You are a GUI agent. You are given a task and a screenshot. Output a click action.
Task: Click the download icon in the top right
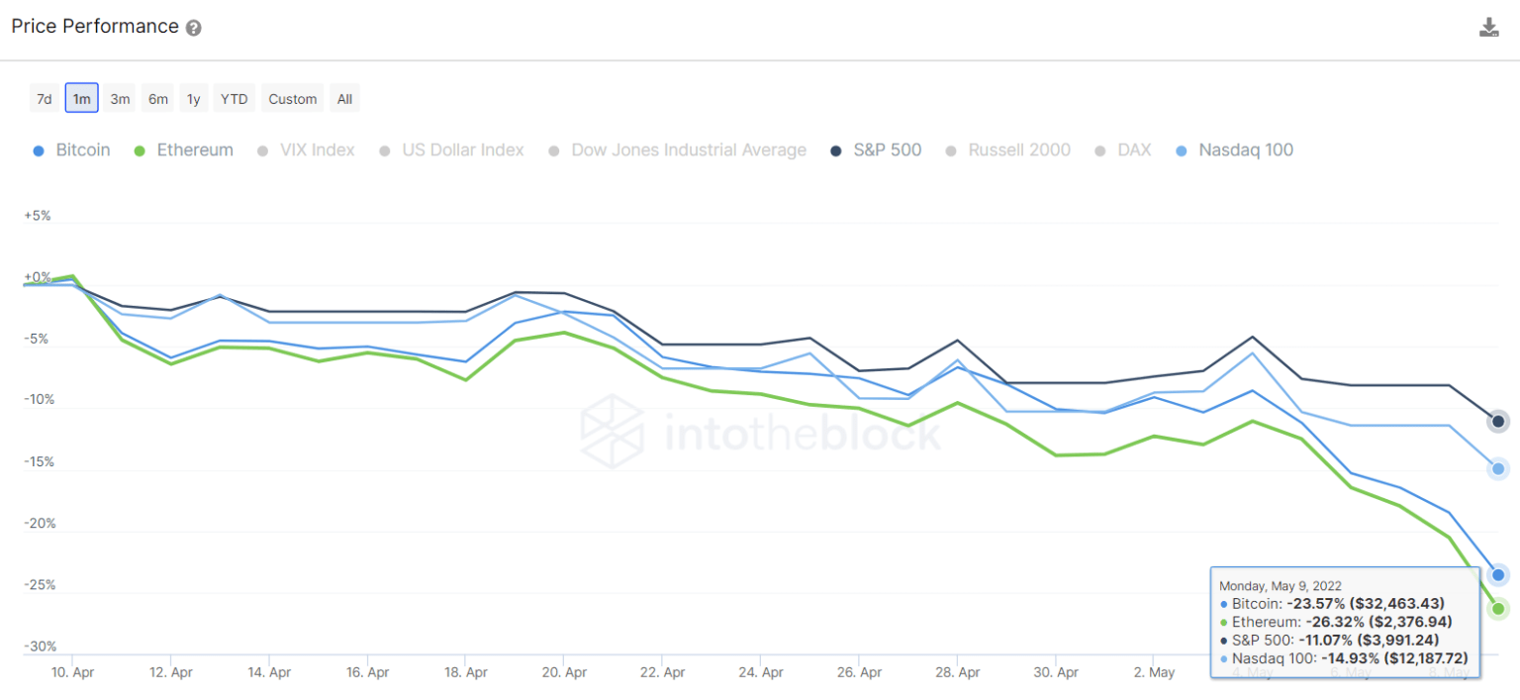click(1488, 28)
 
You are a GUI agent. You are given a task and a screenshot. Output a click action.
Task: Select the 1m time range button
click(82, 98)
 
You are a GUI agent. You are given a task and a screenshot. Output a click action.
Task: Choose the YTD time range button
click(234, 98)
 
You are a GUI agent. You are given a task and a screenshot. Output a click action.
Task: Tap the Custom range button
click(292, 98)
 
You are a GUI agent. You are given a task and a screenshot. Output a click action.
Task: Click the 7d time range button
click(45, 98)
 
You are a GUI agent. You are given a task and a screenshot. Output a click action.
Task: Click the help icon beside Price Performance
click(194, 29)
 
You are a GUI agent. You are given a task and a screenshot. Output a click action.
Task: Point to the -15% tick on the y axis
click(41, 462)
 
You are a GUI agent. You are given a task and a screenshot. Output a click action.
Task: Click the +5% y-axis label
click(37, 216)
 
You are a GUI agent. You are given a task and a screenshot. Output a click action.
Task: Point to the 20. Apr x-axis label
click(563, 672)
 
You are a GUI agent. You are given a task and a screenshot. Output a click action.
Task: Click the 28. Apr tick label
click(957, 672)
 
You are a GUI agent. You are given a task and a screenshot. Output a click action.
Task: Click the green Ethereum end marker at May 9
click(1498, 609)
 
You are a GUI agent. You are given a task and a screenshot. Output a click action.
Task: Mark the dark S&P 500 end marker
click(1498, 422)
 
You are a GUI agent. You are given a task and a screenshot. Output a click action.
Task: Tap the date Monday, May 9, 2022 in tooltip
click(1281, 585)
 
